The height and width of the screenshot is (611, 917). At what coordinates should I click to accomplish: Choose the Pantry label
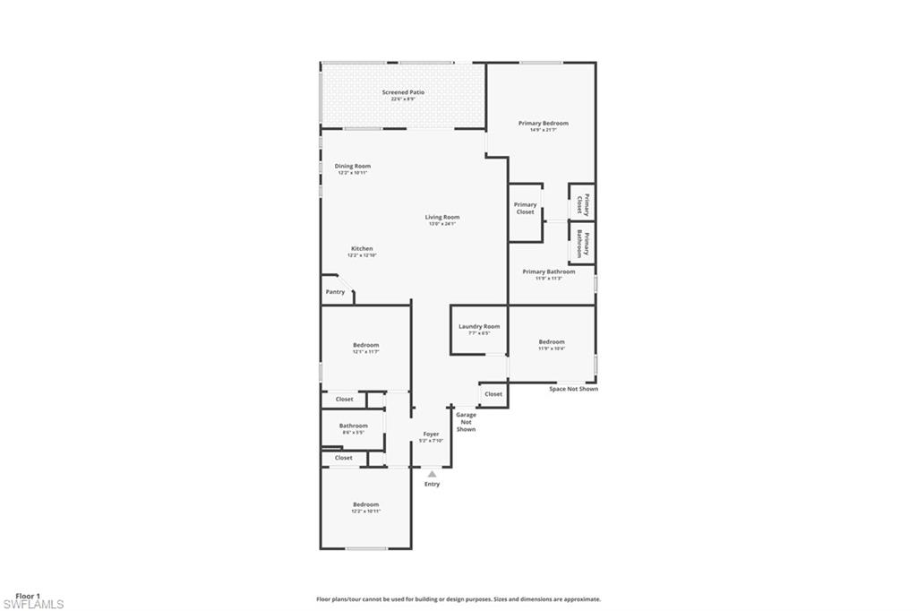335,292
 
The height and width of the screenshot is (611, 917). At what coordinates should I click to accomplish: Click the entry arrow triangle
432,474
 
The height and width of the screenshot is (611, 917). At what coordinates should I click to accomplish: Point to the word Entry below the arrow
432,485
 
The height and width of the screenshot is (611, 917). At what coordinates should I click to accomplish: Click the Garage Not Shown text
466,422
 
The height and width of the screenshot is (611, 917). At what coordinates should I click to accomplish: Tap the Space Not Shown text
573,389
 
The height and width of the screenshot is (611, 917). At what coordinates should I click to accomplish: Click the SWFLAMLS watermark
33,605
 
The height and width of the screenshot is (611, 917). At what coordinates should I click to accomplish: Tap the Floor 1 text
28,595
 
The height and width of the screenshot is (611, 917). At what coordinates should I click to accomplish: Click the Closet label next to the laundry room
493,394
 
